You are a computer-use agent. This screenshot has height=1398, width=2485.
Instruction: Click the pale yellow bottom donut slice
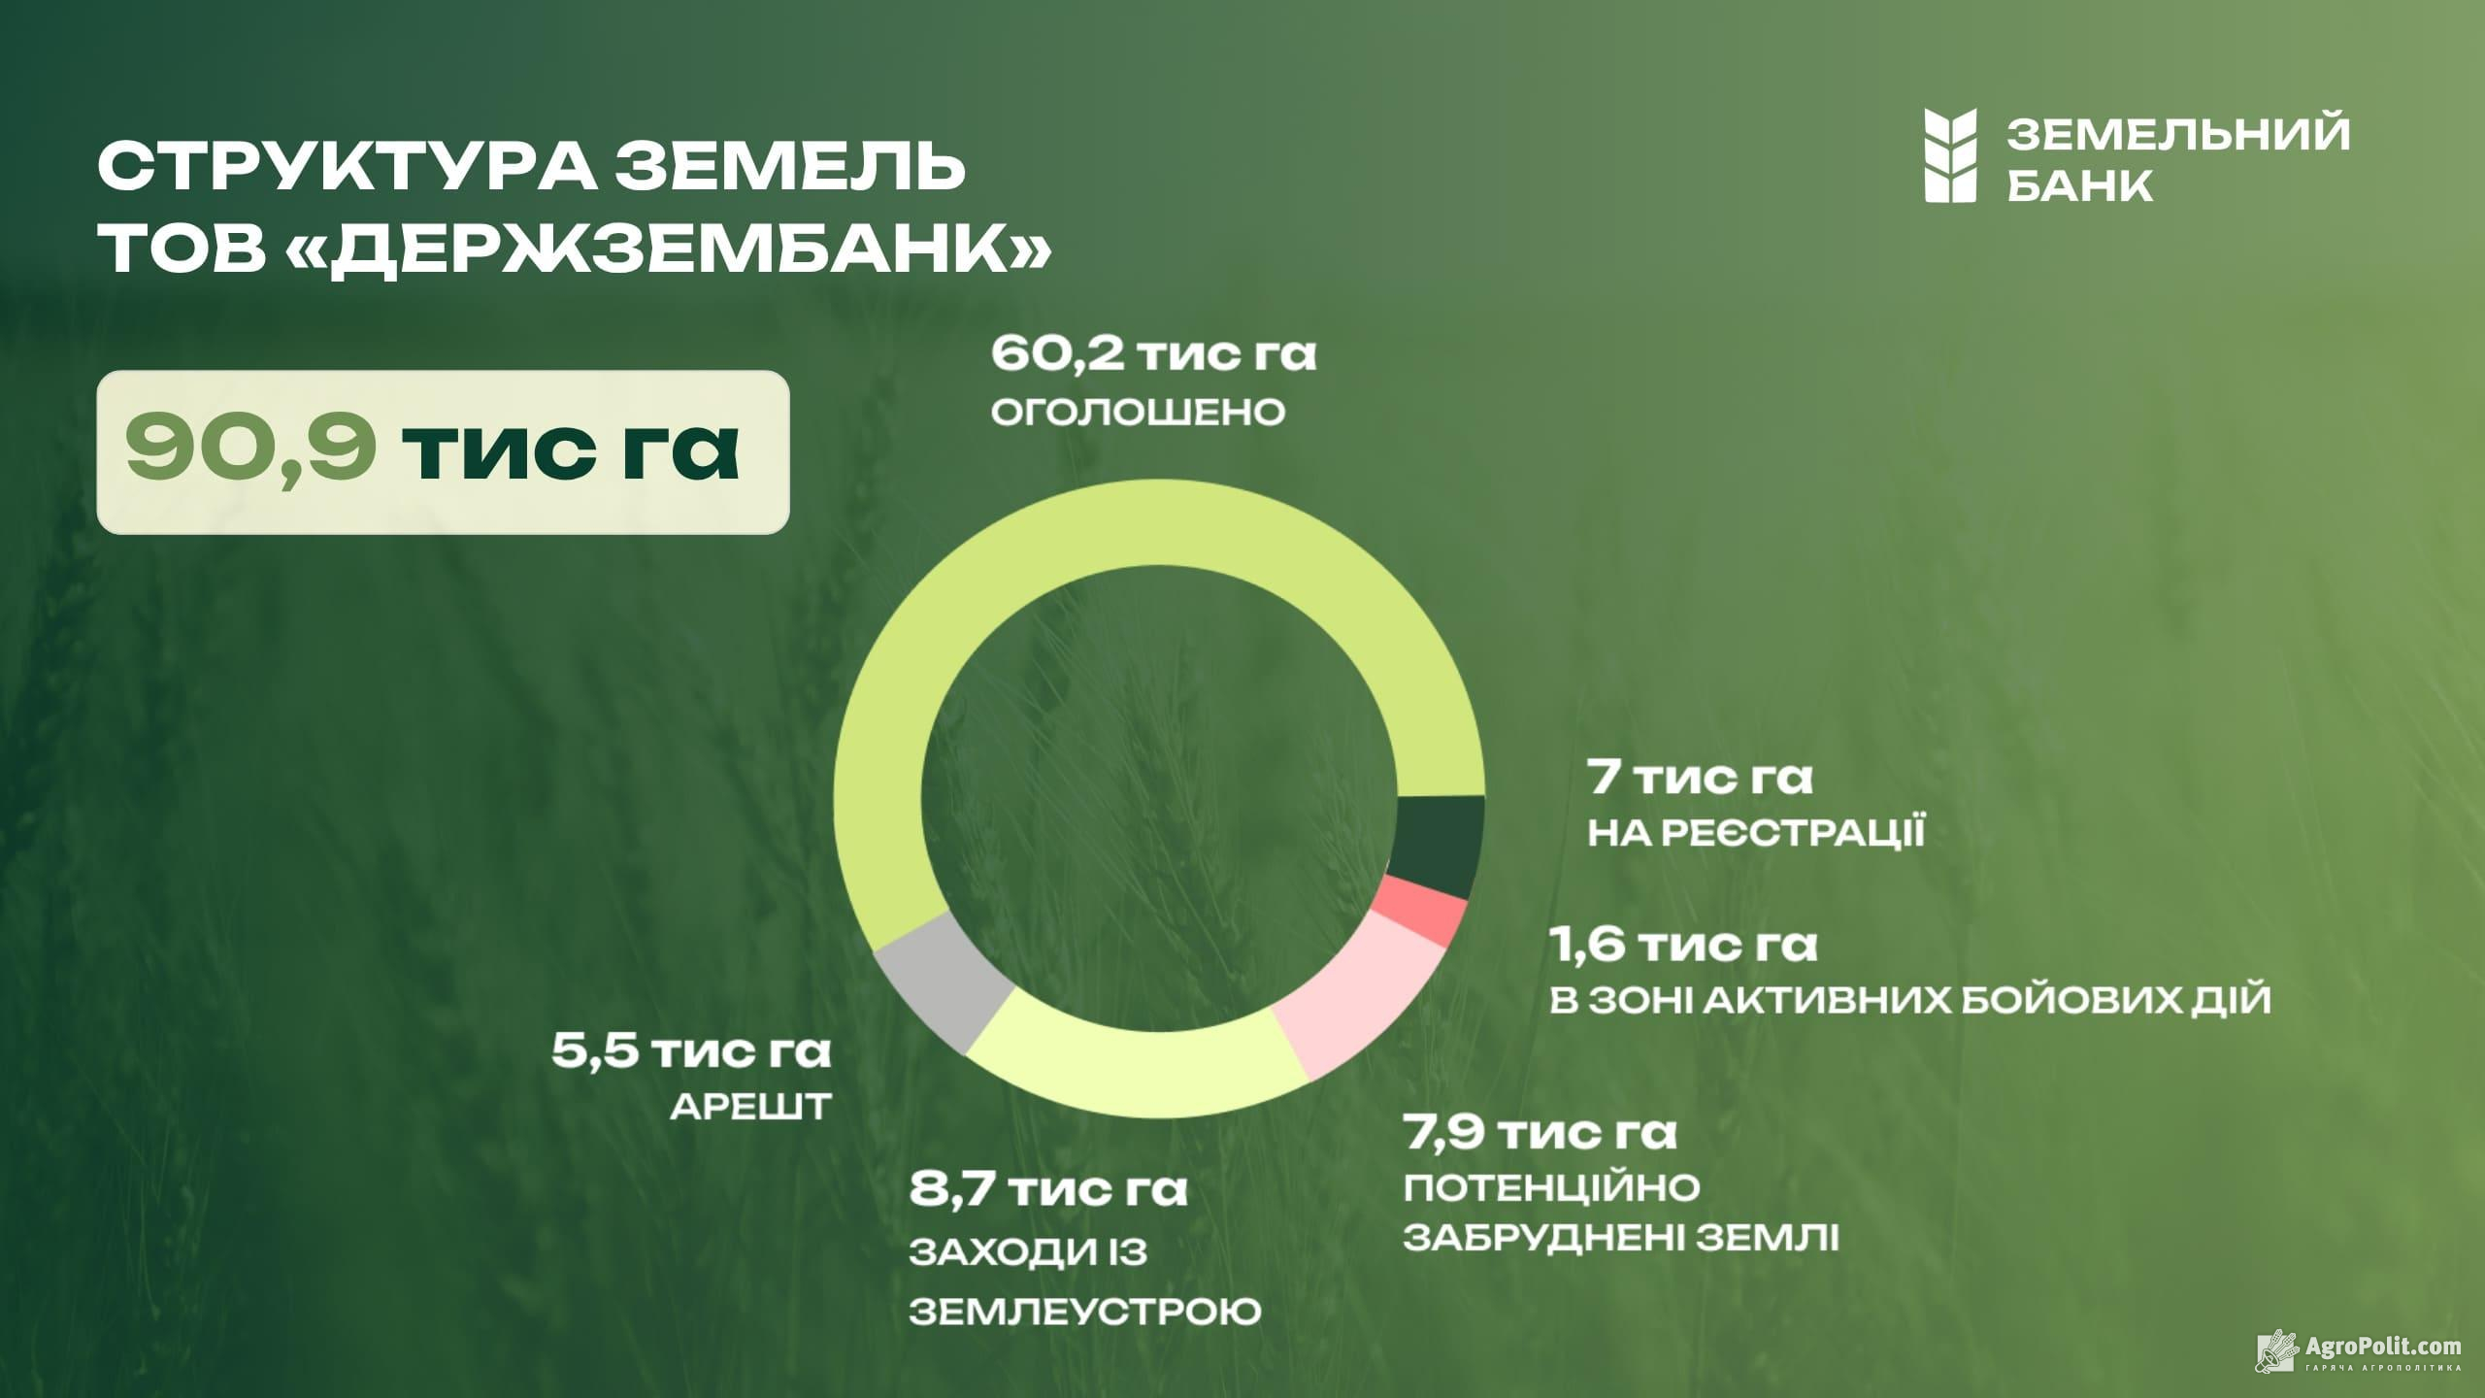click(x=1136, y=1058)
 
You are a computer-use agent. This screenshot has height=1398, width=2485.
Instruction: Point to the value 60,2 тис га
click(x=1153, y=354)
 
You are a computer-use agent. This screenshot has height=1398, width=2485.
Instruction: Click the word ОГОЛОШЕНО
click(x=1138, y=412)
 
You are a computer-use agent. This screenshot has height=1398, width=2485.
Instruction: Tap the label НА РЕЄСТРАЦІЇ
click(x=1756, y=833)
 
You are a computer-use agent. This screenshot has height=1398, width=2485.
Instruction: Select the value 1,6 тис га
click(x=1682, y=947)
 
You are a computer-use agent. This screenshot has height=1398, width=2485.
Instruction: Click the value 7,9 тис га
click(x=1541, y=1133)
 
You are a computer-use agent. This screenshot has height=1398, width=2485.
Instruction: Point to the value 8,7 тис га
click(x=1048, y=1190)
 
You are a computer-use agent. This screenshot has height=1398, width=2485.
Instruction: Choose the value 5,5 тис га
click(x=691, y=1052)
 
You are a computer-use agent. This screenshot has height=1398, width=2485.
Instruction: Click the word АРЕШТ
click(x=750, y=1108)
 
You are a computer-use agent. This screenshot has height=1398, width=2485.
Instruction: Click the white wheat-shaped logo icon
click(x=1950, y=155)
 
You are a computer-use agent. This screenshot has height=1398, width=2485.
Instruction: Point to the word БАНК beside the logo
click(x=2079, y=183)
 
